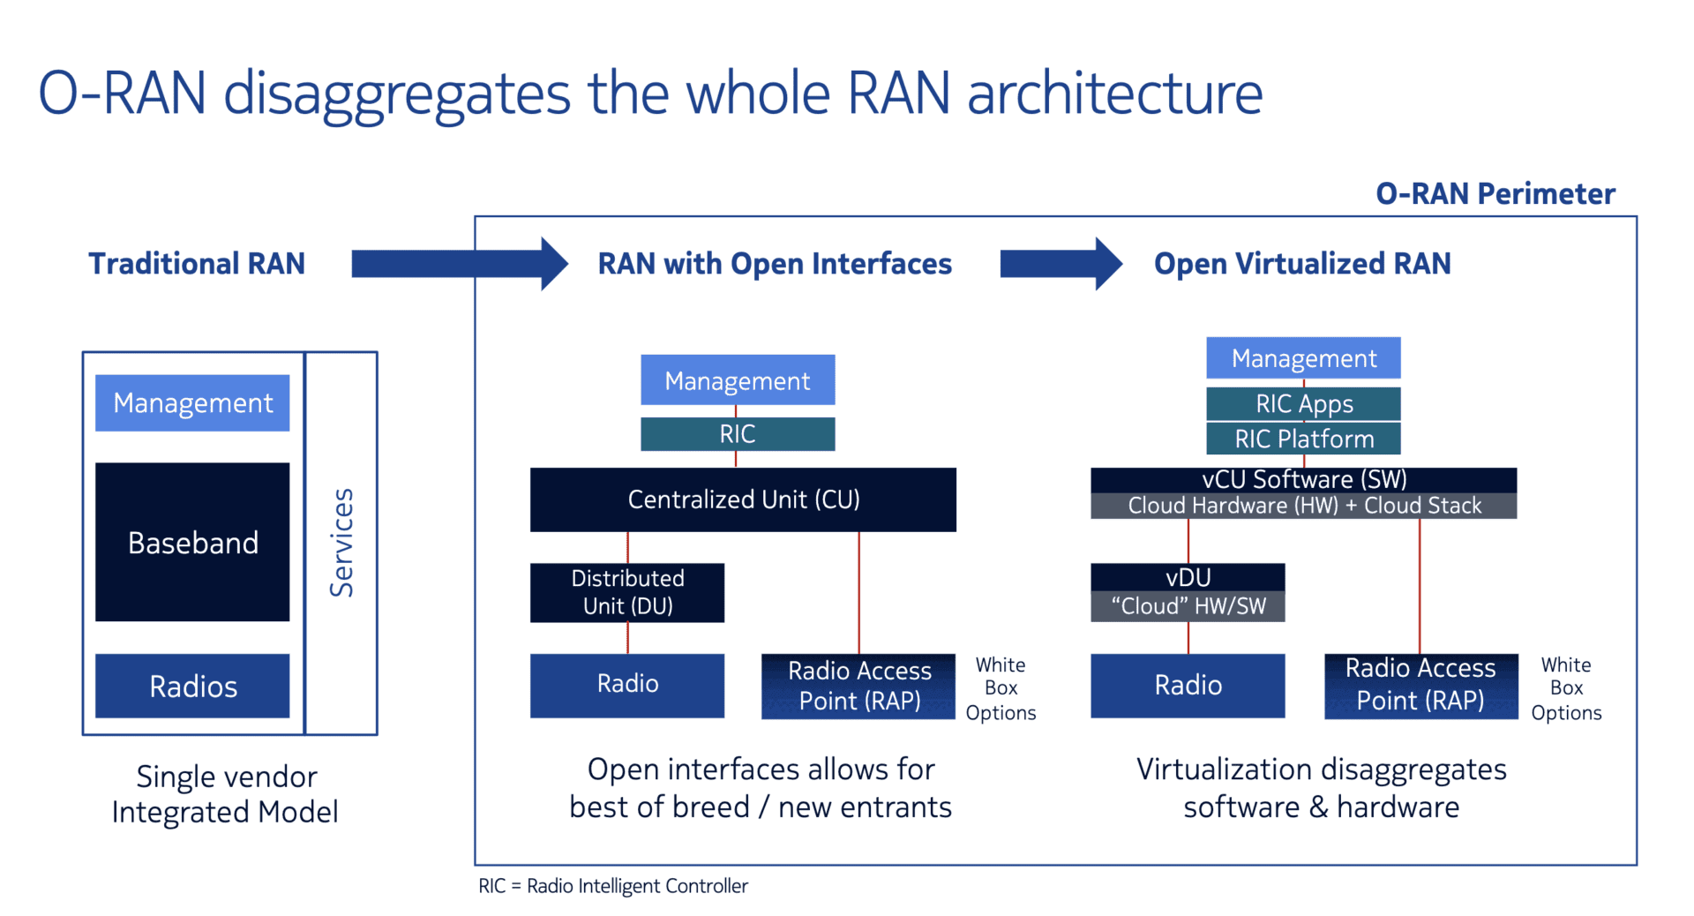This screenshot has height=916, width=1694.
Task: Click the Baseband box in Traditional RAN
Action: coord(192,542)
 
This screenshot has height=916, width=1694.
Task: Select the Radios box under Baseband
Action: coord(192,686)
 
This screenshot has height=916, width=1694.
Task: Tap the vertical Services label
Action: coord(341,543)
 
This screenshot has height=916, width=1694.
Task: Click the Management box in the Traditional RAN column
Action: coord(192,402)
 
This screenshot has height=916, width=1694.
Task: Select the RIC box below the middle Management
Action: coord(738,434)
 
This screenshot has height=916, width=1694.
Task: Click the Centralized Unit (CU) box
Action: coord(743,499)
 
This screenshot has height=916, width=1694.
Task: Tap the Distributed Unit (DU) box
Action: coord(627,592)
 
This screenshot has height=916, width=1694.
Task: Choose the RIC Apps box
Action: coord(1303,403)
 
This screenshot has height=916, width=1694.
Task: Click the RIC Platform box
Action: coord(1303,439)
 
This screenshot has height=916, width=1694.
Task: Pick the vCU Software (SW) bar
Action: coord(1303,479)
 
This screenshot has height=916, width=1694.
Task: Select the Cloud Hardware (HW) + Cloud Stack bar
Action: coord(1303,506)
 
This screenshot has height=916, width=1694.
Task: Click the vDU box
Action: coord(1188,577)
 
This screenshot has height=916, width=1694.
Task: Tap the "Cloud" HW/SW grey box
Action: coord(1188,606)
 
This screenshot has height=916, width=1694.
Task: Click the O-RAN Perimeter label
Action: coord(1495,193)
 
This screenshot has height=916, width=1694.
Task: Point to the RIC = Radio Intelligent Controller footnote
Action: coord(612,886)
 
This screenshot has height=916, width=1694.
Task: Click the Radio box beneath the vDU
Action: coord(1188,686)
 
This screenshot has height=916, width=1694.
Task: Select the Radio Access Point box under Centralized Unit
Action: coord(858,686)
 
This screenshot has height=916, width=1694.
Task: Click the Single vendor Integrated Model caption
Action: coord(226,793)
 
